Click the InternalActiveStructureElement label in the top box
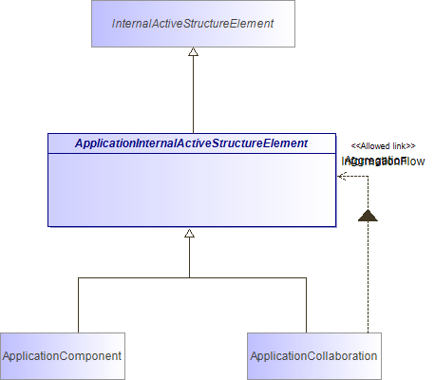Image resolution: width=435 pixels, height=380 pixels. (x=193, y=23)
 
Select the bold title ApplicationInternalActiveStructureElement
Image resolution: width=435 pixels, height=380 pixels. (x=191, y=143)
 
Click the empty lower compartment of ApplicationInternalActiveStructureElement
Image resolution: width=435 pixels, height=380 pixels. (x=191, y=190)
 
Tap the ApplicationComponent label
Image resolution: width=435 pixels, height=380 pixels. (x=62, y=356)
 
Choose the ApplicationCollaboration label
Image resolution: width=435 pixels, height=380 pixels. (x=313, y=356)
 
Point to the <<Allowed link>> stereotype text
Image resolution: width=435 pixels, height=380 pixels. (x=383, y=145)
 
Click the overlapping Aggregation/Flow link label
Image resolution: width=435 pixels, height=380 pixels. (x=375, y=161)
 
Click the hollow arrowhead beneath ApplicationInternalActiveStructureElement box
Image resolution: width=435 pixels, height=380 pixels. (x=190, y=234)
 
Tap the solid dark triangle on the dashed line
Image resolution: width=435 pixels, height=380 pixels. (x=368, y=216)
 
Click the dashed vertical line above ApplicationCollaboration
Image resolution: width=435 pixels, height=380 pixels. (x=368, y=285)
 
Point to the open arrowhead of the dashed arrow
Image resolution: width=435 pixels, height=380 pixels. (x=341, y=176)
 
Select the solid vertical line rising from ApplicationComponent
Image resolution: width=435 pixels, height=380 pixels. (x=77, y=304)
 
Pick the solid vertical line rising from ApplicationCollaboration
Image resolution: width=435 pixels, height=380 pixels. (x=306, y=304)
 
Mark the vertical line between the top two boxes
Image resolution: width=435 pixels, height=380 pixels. (x=193, y=95)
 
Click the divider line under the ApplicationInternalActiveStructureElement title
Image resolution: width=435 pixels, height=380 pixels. (x=191, y=153)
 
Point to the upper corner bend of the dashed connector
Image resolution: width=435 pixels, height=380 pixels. (x=368, y=176)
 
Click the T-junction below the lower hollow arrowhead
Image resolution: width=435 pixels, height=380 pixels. (x=190, y=277)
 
